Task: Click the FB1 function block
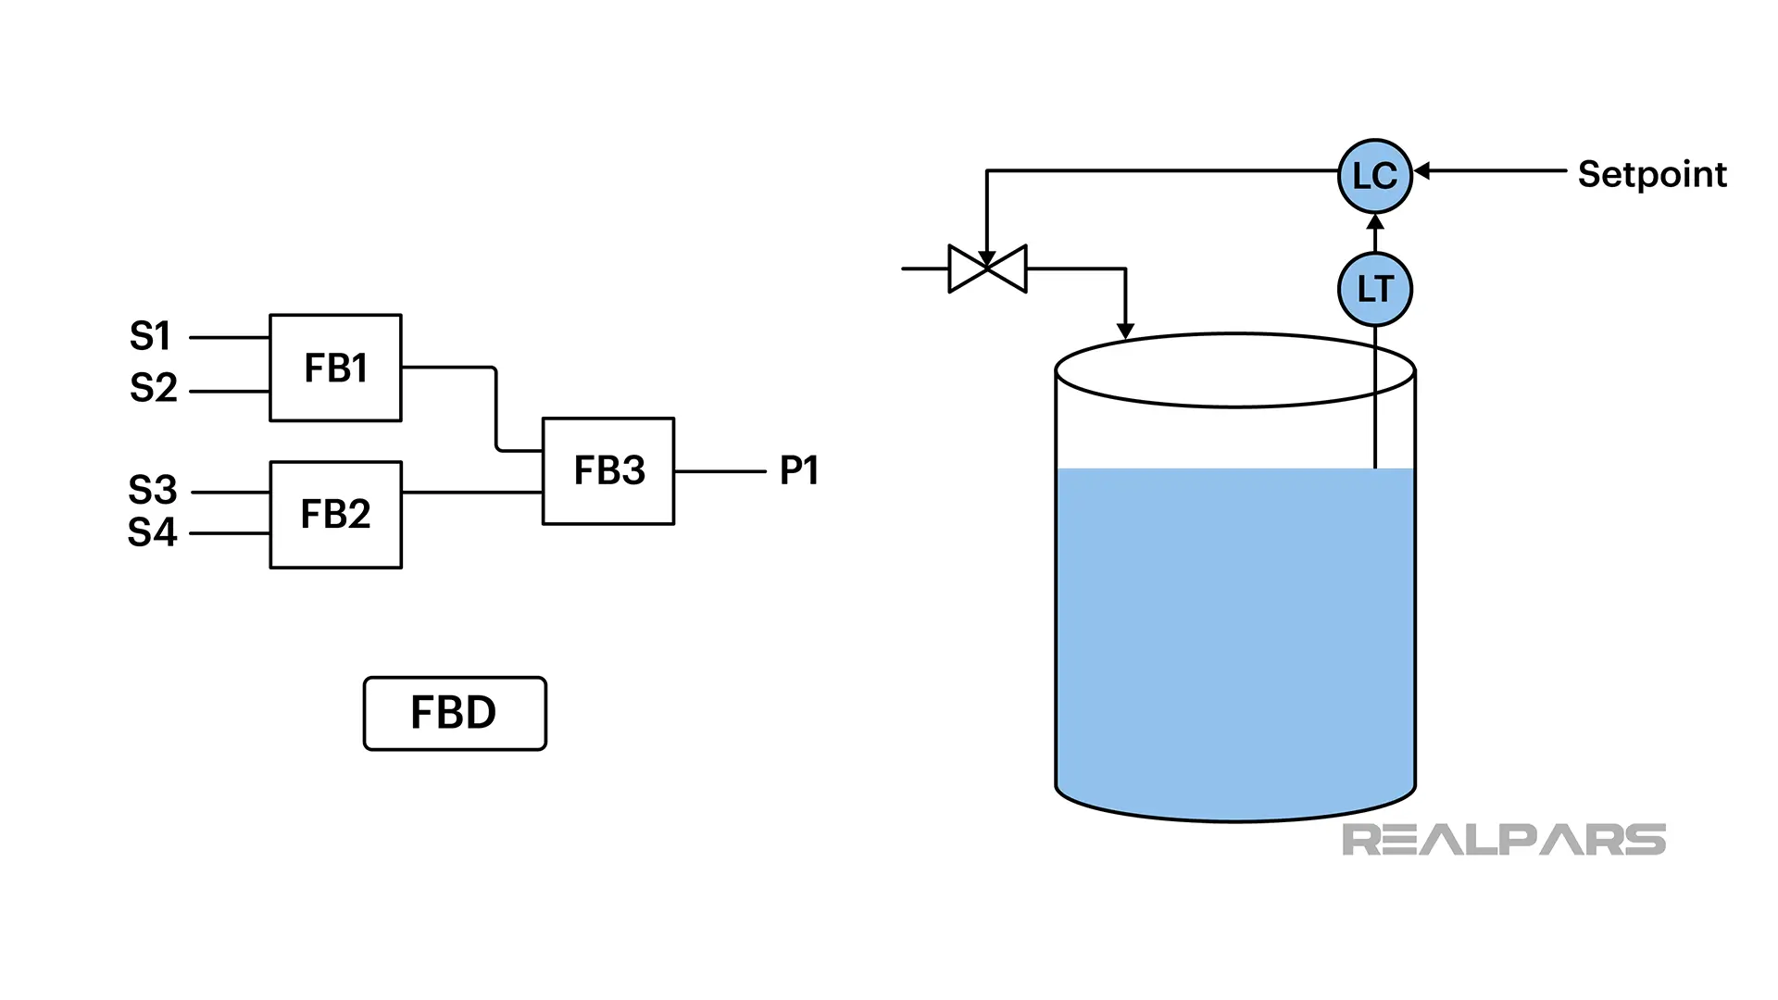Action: coord(335,369)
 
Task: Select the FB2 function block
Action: coord(335,515)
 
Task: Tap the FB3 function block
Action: coord(608,471)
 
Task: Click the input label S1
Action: coord(150,336)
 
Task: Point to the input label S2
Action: coord(153,388)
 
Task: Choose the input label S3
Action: coord(152,490)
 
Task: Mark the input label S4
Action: coord(152,533)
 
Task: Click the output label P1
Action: coord(798,471)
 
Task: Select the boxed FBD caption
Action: coord(455,713)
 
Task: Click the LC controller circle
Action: coord(1374,176)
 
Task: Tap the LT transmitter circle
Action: coord(1374,290)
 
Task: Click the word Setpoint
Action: coord(1652,175)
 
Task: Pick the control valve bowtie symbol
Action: coord(987,269)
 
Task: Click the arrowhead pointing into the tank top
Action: coord(1125,331)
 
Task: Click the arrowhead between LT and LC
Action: coord(1375,222)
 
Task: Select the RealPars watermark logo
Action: coord(1503,840)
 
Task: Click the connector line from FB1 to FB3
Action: coord(495,407)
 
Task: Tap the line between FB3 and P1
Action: coord(720,471)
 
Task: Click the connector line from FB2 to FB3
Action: coord(471,493)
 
